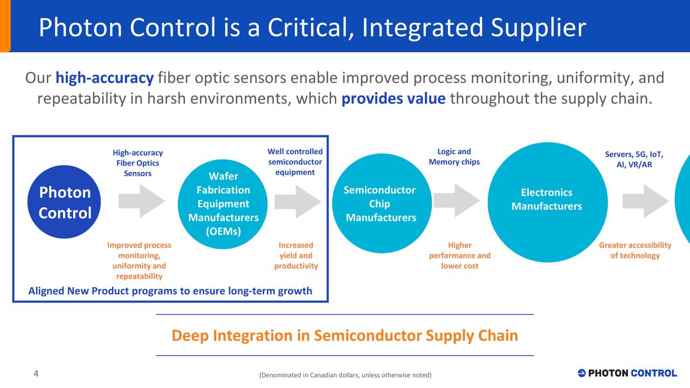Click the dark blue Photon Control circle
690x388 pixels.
pyautogui.click(x=64, y=202)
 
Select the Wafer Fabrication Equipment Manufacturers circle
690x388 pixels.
pyautogui.click(x=223, y=204)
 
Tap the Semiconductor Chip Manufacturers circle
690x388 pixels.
pyautogui.click(x=381, y=204)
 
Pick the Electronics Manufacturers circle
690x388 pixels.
pyautogui.click(x=547, y=202)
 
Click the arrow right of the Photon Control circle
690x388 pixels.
pyautogui.click(x=142, y=201)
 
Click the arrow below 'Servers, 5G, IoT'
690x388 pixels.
pyautogui.click(x=645, y=201)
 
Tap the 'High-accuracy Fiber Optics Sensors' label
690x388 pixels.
pyautogui.click(x=137, y=163)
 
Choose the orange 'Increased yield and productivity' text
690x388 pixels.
pyautogui.click(x=296, y=255)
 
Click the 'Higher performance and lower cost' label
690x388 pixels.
pyautogui.click(x=459, y=255)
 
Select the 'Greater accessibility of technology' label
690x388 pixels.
pyautogui.click(x=635, y=251)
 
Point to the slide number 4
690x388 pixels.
pyautogui.click(x=36, y=374)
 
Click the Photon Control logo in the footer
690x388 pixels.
pyautogui.click(x=627, y=373)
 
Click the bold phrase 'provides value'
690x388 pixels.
pyautogui.click(x=394, y=99)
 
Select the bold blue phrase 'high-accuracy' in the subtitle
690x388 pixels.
pyautogui.click(x=105, y=78)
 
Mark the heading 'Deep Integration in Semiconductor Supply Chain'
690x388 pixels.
pyautogui.click(x=344, y=336)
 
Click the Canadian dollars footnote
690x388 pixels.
pyautogui.click(x=345, y=375)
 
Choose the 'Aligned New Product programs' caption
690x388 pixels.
pyautogui.click(x=170, y=291)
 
